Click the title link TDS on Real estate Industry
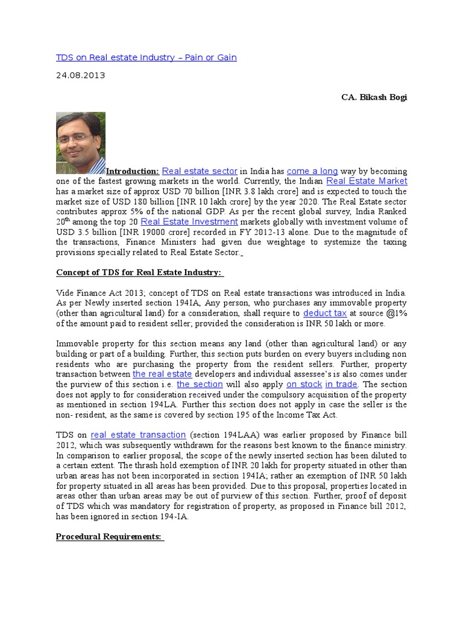(146, 57)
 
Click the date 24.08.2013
(80, 75)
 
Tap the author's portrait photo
(80, 143)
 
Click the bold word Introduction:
(133, 171)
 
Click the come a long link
(312, 171)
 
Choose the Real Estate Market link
(367, 181)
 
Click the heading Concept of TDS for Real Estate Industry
(139, 273)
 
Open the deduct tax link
(325, 313)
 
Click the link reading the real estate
(162, 374)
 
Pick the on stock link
(304, 384)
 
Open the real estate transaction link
(138, 435)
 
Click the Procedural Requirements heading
(109, 537)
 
